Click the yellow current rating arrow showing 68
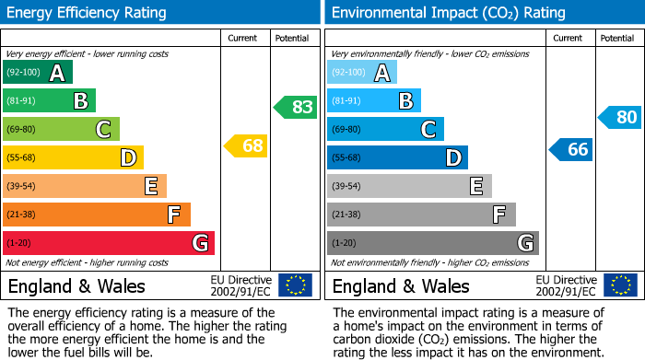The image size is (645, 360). pyautogui.click(x=246, y=145)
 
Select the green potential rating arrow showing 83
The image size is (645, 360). pyautogui.click(x=296, y=107)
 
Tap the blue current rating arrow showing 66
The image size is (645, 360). pyautogui.click(x=570, y=149)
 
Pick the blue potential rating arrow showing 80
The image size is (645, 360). pyautogui.click(x=620, y=117)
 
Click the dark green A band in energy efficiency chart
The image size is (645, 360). pyautogui.click(x=37, y=73)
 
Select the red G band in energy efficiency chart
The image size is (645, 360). pyautogui.click(x=108, y=243)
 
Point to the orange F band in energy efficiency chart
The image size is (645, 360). pyautogui.click(x=96, y=215)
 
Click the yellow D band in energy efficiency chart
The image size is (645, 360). pyautogui.click(x=73, y=157)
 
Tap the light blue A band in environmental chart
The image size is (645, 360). pyautogui.click(x=361, y=73)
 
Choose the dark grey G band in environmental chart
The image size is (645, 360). pyautogui.click(x=432, y=243)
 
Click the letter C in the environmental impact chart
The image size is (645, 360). pyautogui.click(x=428, y=130)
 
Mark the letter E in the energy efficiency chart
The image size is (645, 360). pyautogui.click(x=150, y=187)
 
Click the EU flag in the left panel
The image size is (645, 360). pyautogui.click(x=296, y=285)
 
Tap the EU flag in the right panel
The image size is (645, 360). pyautogui.click(x=620, y=285)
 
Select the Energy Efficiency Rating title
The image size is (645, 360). pyautogui.click(x=88, y=13)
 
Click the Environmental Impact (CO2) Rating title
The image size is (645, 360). pyautogui.click(x=448, y=13)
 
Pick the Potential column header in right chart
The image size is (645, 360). pyautogui.click(x=617, y=38)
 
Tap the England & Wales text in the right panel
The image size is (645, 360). pyautogui.click(x=401, y=285)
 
